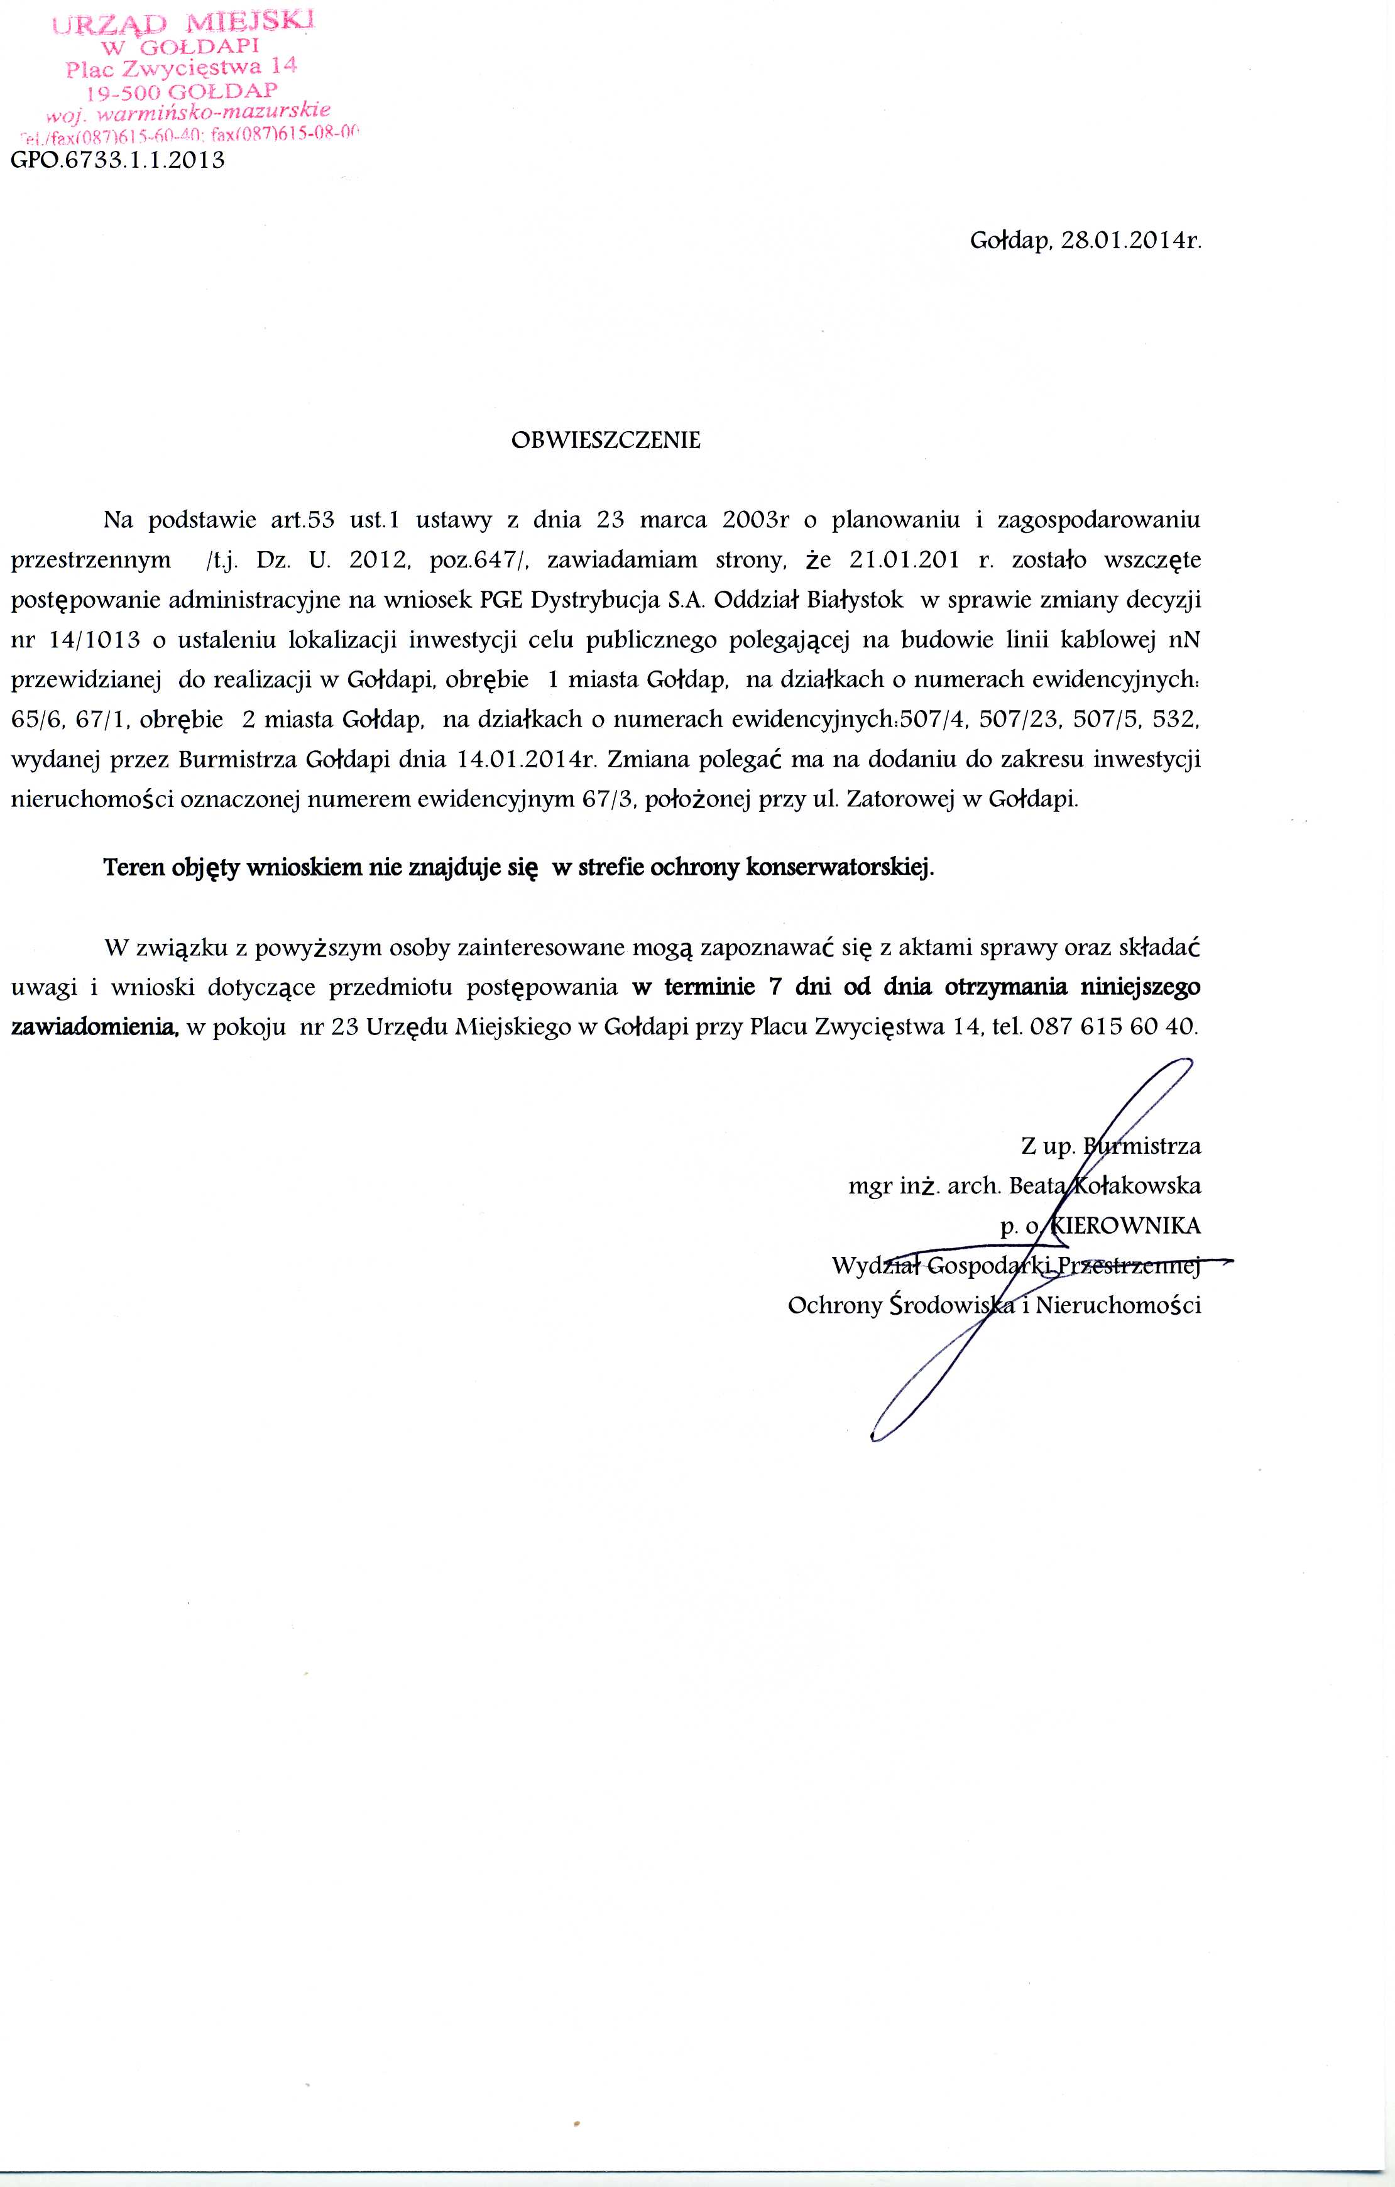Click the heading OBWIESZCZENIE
click(606, 441)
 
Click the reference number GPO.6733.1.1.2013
click(118, 162)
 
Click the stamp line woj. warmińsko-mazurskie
click(182, 114)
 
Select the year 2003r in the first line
click(755, 520)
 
